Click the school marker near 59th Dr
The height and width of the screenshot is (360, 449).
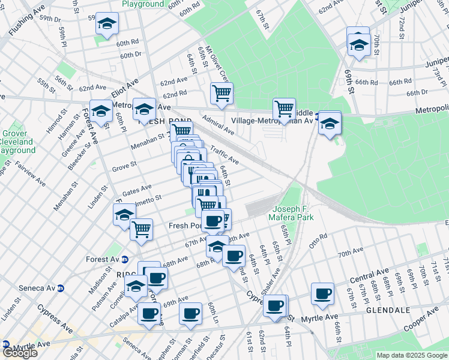click(107, 24)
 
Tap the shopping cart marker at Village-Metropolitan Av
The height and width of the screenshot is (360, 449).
click(284, 109)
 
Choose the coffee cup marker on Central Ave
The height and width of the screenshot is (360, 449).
click(322, 294)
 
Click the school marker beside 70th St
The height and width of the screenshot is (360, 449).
click(359, 44)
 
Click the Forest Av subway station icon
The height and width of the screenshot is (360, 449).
click(125, 260)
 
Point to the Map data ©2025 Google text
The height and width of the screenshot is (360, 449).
click(412, 355)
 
